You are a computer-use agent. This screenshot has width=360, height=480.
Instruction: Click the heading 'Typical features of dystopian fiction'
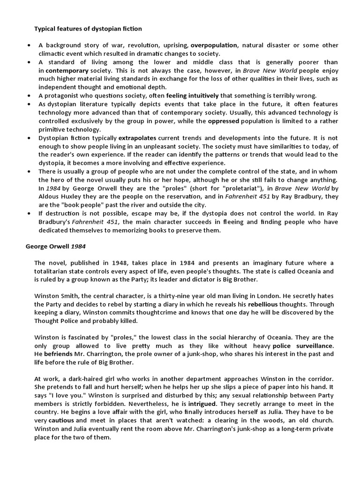[88, 29]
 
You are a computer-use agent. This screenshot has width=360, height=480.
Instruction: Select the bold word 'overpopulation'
[214, 45]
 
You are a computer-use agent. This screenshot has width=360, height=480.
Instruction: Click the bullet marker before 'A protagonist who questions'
[29, 95]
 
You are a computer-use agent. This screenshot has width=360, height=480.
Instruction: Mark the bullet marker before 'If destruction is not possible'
[29, 214]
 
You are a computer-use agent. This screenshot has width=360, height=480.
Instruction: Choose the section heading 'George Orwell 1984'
[56, 246]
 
